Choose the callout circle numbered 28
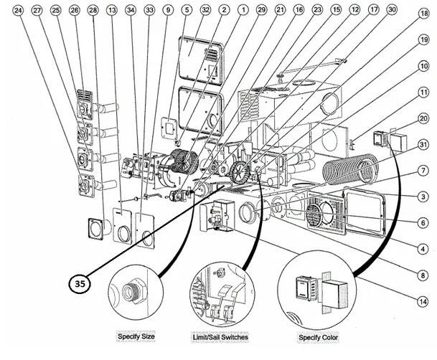click(93, 11)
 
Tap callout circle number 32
click(205, 11)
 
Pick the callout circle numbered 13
click(111, 11)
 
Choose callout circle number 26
click(74, 11)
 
